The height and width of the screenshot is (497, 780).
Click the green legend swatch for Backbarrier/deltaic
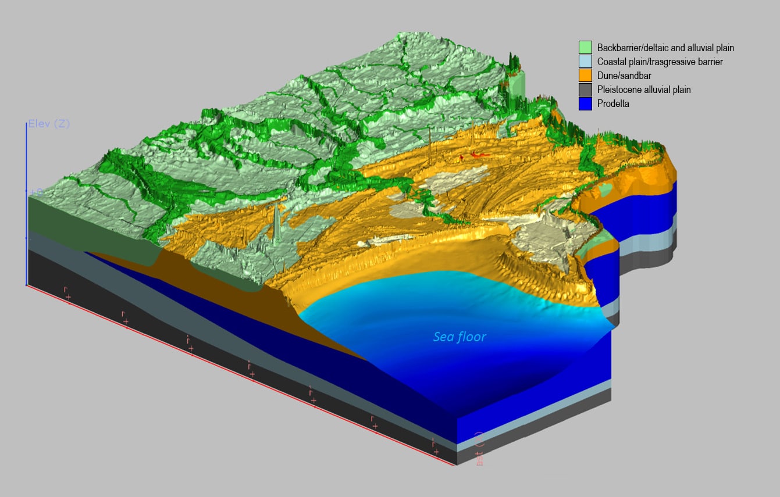pyautogui.click(x=585, y=47)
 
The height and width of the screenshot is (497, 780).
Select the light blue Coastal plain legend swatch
pyautogui.click(x=585, y=62)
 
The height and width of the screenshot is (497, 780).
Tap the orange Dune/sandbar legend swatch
pyautogui.click(x=585, y=76)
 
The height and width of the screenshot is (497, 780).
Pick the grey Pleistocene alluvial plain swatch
pyautogui.click(x=585, y=90)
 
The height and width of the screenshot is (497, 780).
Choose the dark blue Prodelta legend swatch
pyautogui.click(x=585, y=104)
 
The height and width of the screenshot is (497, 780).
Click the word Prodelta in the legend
pyautogui.click(x=613, y=104)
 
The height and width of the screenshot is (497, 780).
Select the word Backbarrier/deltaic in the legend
pyautogui.click(x=634, y=48)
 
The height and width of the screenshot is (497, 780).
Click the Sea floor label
pyautogui.click(x=460, y=337)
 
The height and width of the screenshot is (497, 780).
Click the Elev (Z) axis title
pyautogui.click(x=49, y=124)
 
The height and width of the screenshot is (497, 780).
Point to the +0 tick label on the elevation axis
pyautogui.click(x=34, y=191)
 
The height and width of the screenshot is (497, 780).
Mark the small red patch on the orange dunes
pyautogui.click(x=477, y=155)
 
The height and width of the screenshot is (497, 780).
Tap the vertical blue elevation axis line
pyautogui.click(x=27, y=233)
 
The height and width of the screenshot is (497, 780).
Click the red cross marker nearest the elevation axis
pyautogui.click(x=68, y=297)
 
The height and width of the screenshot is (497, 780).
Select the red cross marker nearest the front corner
pyautogui.click(x=436, y=451)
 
